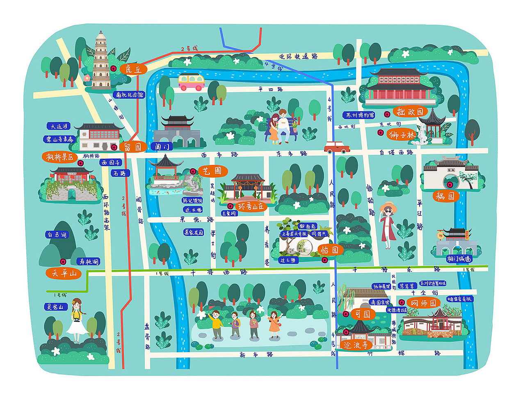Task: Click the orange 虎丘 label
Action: point(133,69)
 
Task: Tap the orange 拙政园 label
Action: point(410,112)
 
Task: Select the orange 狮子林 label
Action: point(402,134)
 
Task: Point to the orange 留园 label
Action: point(133,147)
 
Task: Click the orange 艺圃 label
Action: point(212,171)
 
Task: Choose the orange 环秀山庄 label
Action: point(251,206)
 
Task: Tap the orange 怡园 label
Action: point(329,250)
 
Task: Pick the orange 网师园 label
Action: point(424,303)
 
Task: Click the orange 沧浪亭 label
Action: point(356,345)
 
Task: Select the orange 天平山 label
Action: point(64,273)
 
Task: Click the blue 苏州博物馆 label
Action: point(359,115)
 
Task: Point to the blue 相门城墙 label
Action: point(459,259)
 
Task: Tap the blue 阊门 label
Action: point(161,146)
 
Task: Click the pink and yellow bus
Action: point(191,82)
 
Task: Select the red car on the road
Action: point(337,147)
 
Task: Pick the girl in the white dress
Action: point(76,320)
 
